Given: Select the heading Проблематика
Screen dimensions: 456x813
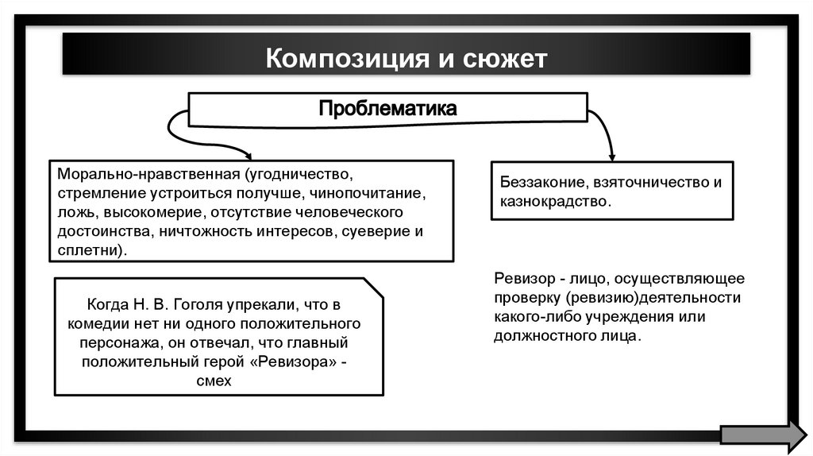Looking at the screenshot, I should click(x=387, y=109).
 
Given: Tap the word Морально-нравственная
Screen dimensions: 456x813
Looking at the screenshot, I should click(x=148, y=174).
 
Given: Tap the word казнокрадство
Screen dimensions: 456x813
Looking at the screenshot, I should click(x=554, y=201).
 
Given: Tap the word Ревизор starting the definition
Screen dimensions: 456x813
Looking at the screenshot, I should click(x=519, y=279).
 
